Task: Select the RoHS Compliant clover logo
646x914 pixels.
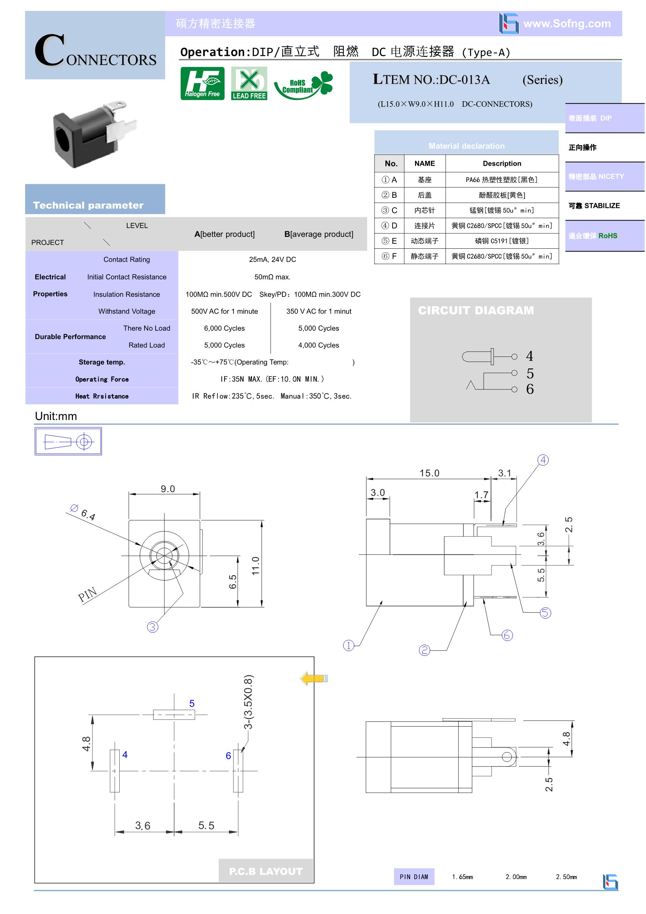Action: click(304, 85)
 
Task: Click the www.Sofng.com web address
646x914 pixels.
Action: click(567, 23)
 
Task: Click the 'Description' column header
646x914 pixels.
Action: click(502, 163)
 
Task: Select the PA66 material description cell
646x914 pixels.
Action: click(502, 180)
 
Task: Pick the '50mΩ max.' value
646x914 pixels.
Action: click(273, 277)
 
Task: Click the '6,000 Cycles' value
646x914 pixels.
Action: click(224, 328)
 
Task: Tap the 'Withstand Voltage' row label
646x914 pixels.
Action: click(127, 311)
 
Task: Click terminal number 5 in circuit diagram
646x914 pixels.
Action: click(530, 373)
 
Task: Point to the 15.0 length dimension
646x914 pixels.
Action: click(429, 473)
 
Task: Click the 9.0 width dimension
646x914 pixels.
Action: click(168, 488)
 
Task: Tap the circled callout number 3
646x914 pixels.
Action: click(153, 627)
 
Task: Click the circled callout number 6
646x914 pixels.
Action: click(507, 635)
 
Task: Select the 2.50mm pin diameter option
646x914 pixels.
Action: click(566, 877)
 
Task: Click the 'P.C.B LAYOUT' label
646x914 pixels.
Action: click(266, 871)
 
